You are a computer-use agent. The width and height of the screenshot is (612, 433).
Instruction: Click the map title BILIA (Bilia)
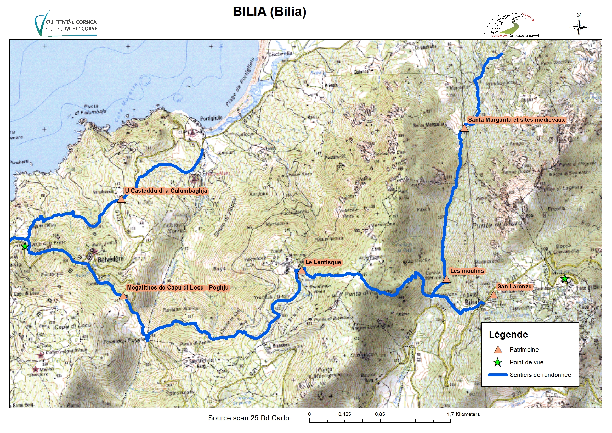pyautogui.click(x=269, y=12)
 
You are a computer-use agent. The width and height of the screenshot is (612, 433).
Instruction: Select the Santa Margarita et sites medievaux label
pyautogui.click(x=516, y=120)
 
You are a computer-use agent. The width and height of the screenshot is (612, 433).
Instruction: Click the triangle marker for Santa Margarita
pyautogui.click(x=464, y=128)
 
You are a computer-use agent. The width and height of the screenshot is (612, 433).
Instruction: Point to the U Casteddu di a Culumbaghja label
pyautogui.click(x=166, y=191)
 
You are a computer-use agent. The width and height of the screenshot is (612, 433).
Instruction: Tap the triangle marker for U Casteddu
pyautogui.click(x=121, y=199)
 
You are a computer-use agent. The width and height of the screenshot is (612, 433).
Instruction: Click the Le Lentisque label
pyautogui.click(x=323, y=262)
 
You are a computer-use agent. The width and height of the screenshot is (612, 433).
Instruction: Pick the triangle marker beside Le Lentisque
pyautogui.click(x=302, y=270)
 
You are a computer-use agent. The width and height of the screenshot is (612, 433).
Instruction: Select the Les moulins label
pyautogui.click(x=467, y=271)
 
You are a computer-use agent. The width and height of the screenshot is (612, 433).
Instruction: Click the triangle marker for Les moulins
pyautogui.click(x=446, y=279)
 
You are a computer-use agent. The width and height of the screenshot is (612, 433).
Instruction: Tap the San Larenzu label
pyautogui.click(x=514, y=287)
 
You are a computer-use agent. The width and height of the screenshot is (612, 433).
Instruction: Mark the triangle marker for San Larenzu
pyautogui.click(x=493, y=295)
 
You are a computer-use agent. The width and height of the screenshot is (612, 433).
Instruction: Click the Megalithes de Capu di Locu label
pyautogui.click(x=178, y=288)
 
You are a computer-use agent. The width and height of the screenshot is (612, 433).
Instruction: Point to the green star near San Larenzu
pyautogui.click(x=565, y=279)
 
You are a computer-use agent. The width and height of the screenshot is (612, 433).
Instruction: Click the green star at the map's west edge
pyautogui.click(x=25, y=246)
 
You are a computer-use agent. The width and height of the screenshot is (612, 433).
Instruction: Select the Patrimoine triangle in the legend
pyautogui.click(x=498, y=350)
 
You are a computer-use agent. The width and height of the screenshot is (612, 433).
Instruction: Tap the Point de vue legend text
pyautogui.click(x=526, y=362)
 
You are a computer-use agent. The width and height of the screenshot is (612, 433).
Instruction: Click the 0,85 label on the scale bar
pyautogui.click(x=380, y=414)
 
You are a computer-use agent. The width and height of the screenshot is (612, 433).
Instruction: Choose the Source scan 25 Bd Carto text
pyautogui.click(x=248, y=418)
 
